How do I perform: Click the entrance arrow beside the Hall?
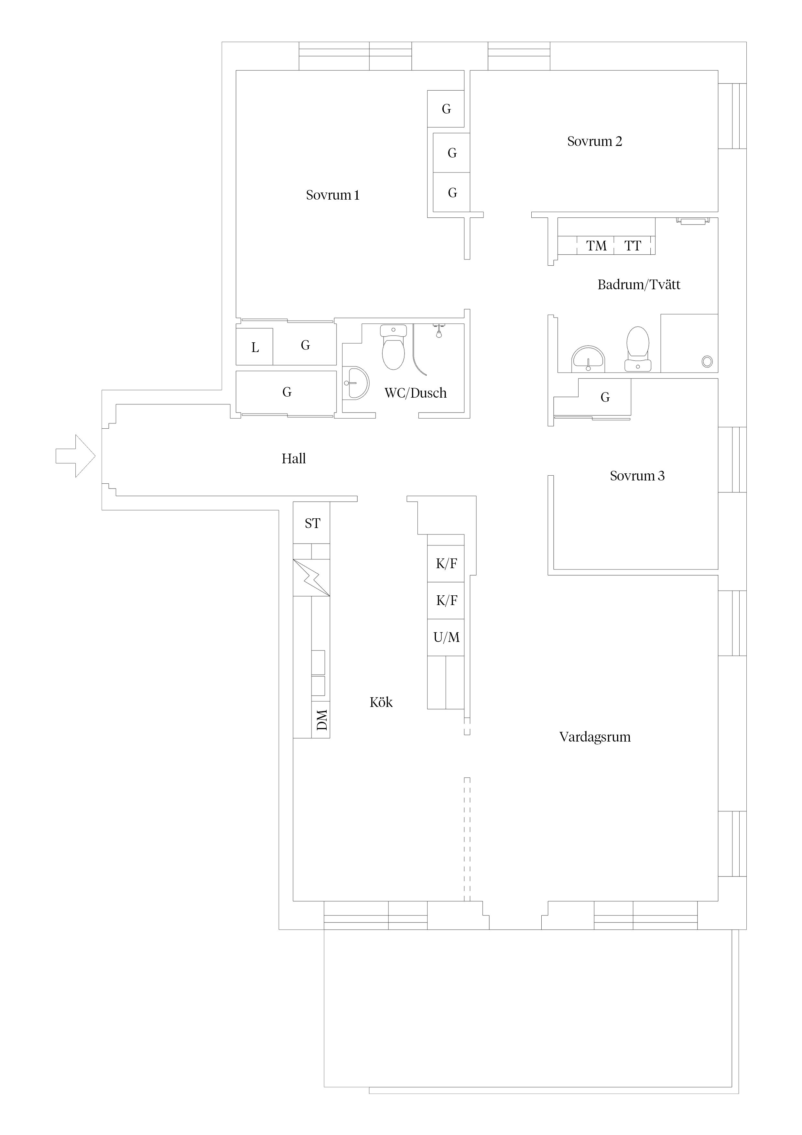(75, 456)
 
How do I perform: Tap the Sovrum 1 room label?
(332, 195)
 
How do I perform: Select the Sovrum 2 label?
(594, 141)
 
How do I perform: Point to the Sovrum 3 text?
(637, 476)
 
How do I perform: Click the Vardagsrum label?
(595, 737)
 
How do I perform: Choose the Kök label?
(381, 702)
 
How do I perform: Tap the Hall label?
(294, 459)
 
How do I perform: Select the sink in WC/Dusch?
(355, 383)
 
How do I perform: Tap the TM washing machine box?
(596, 246)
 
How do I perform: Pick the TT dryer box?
(633, 246)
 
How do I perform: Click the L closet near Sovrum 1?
(255, 347)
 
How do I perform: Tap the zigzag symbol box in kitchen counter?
(311, 578)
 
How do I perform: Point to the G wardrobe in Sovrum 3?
(605, 397)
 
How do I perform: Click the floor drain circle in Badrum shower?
(707, 361)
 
